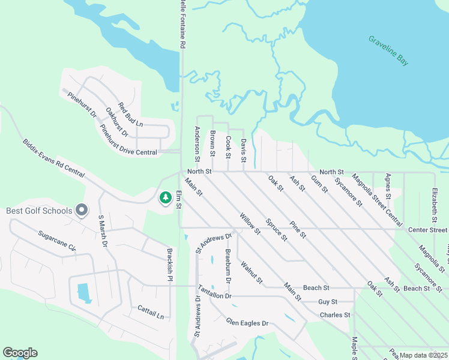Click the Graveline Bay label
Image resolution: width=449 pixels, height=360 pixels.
coord(388,50)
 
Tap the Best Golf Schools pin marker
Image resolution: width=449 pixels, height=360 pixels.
coord(83,211)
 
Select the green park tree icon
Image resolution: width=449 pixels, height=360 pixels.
coord(165,197)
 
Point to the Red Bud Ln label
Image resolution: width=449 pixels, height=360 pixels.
coord(130,115)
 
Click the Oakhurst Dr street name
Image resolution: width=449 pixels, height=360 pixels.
coord(117,119)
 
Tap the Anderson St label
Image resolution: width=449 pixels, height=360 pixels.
coord(197,144)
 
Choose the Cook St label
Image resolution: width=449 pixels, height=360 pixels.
coord(228,146)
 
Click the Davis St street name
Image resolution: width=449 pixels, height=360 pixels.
coord(244,150)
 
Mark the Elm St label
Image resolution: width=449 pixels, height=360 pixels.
coord(179,200)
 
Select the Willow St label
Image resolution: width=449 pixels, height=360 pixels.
coord(250,223)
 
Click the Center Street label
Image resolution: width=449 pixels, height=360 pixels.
coord(427,230)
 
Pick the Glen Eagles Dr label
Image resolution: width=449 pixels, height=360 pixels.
coord(247,323)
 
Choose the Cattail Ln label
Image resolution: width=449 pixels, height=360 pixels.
coord(151,311)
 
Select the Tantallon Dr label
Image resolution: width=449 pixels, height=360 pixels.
coord(214,296)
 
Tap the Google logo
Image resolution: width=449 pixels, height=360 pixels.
coord(20,353)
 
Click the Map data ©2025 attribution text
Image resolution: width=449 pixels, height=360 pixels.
coord(423,355)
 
